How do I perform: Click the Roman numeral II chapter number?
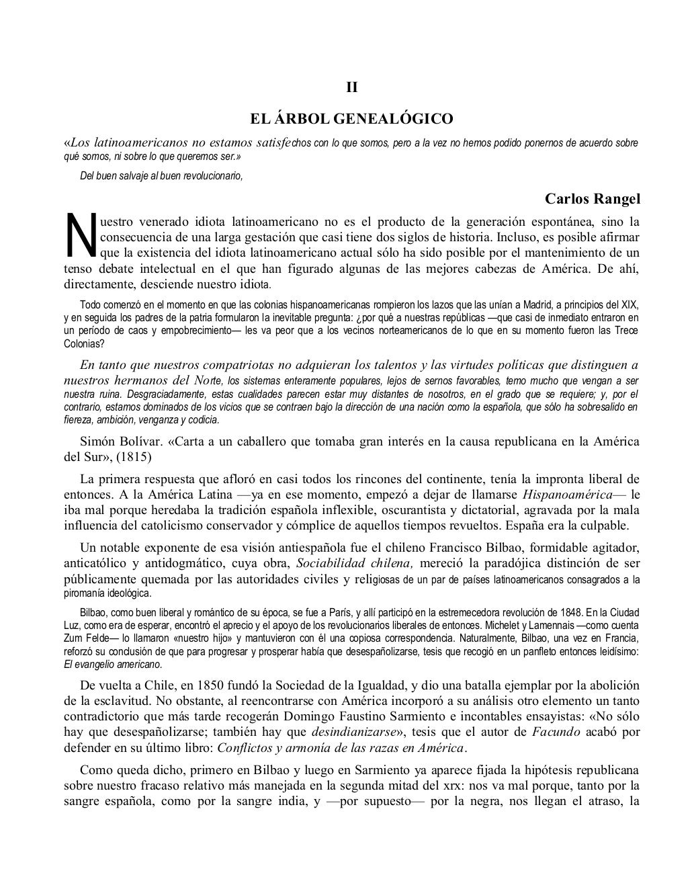351,88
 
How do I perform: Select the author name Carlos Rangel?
593,200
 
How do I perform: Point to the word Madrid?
503,304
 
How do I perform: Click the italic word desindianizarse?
355,732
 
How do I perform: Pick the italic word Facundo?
556,732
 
